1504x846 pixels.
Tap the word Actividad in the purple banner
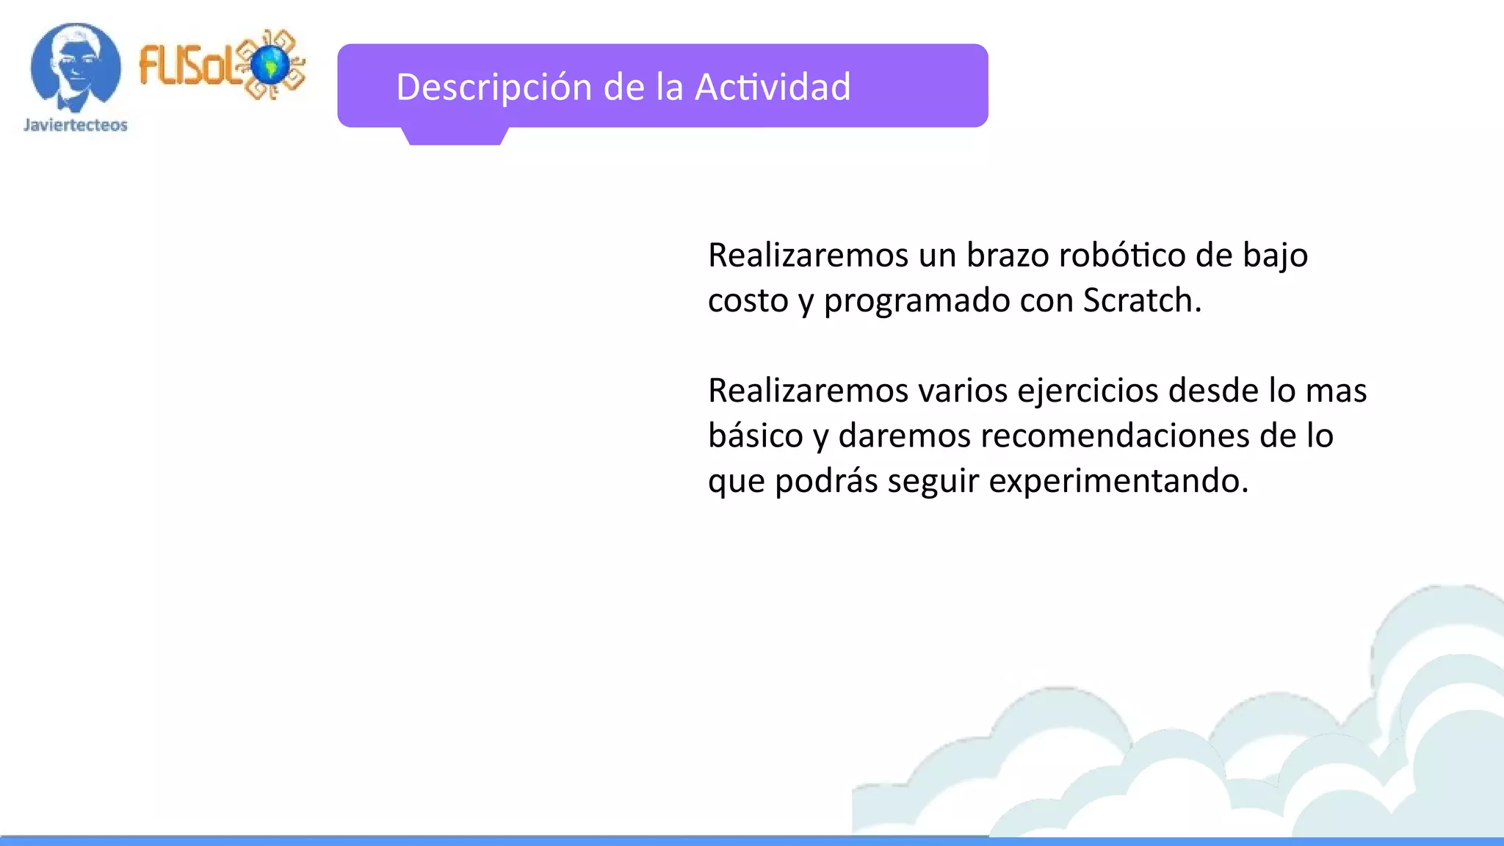[773, 87]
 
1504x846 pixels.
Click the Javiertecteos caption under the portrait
[76, 126]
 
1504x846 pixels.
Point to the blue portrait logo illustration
[75, 66]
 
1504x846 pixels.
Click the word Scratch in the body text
[1141, 300]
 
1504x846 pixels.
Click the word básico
[756, 436]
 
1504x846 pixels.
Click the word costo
[748, 301]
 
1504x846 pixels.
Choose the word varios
[963, 391]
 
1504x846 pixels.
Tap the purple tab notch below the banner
[455, 136]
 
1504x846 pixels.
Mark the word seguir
[933, 482]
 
